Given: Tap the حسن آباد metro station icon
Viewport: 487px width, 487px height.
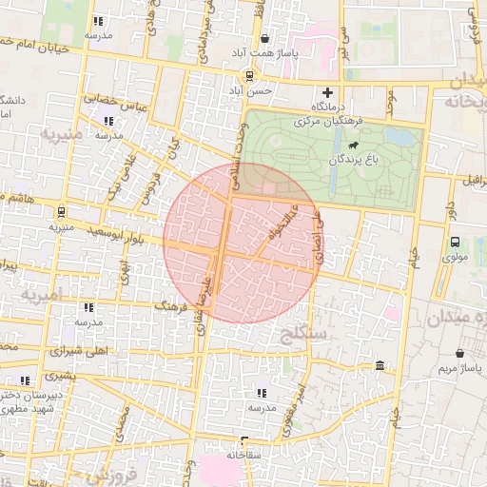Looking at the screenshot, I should coord(249,75).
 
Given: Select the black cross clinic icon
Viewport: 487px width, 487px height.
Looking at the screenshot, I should coord(328,93).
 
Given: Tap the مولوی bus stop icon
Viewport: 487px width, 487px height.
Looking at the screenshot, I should coord(454,242).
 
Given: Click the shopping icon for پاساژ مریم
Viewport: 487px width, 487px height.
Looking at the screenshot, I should coord(460,352).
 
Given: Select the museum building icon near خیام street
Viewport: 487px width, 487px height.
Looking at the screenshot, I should coord(380,366).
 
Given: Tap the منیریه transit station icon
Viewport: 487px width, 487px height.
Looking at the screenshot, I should coord(61,211).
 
